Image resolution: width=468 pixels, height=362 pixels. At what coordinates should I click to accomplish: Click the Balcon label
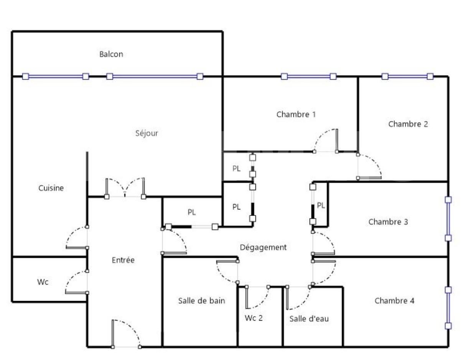click(111, 54)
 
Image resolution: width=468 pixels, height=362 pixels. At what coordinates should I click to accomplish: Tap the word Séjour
click(147, 133)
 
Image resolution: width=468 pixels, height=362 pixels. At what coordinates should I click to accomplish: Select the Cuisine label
click(51, 188)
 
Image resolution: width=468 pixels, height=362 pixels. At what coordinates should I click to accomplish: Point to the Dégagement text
click(263, 247)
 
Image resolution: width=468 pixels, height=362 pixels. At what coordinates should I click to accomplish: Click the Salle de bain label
click(201, 301)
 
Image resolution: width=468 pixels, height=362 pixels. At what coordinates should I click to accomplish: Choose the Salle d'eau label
click(309, 319)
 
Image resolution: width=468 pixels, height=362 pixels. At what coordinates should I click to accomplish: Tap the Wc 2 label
click(254, 318)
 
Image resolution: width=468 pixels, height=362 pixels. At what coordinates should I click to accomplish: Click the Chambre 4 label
click(394, 301)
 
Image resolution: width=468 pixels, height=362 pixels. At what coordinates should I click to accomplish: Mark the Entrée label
click(123, 260)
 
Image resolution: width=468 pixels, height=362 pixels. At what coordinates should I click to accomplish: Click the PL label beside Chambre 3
click(321, 206)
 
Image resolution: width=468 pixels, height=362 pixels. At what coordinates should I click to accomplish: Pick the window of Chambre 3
click(448, 219)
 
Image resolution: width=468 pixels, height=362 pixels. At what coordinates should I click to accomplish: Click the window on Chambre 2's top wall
click(407, 76)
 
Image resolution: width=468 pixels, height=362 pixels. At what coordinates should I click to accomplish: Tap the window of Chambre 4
click(448, 308)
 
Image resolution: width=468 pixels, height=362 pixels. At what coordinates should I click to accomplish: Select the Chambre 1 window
click(308, 76)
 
